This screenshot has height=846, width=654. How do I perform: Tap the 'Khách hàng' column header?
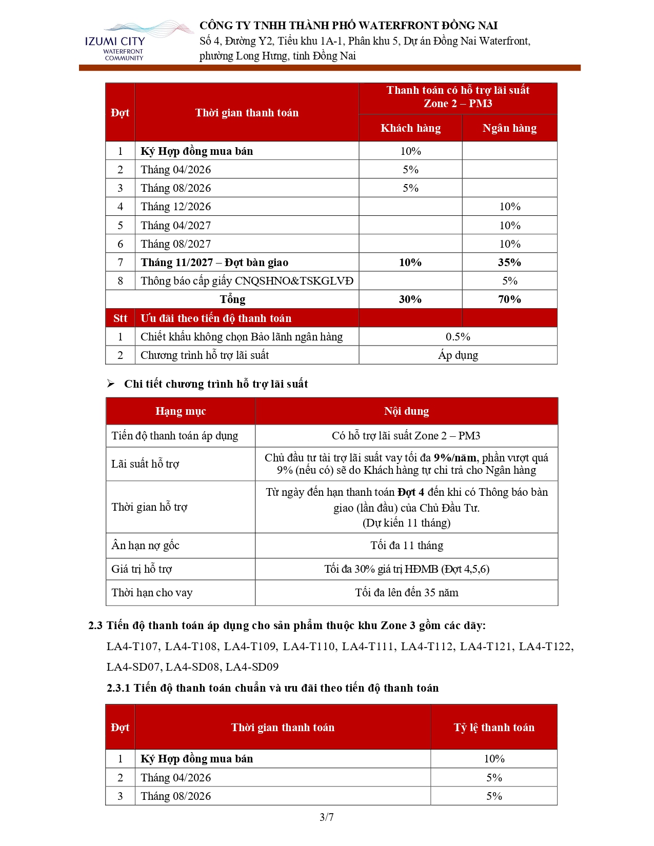click(x=410, y=128)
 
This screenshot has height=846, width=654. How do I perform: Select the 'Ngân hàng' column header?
click(x=509, y=128)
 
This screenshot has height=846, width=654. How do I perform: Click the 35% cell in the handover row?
click(x=509, y=263)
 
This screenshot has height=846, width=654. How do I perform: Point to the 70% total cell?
click(x=509, y=299)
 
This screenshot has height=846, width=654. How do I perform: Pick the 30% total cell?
click(x=410, y=299)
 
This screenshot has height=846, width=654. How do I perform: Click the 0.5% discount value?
click(x=458, y=337)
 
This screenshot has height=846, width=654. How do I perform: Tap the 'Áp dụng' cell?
click(x=458, y=355)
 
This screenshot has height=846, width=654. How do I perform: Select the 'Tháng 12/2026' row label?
click(x=176, y=207)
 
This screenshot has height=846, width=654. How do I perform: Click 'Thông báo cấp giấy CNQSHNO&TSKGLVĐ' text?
click(x=247, y=281)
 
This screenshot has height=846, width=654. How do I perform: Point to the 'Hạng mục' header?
click(x=181, y=411)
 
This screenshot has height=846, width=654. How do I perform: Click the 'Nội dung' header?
click(x=406, y=411)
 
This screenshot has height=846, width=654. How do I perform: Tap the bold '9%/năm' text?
click(x=455, y=458)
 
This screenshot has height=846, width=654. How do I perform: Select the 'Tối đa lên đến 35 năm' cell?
click(x=406, y=593)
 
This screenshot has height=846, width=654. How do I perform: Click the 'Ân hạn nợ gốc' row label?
click(x=145, y=546)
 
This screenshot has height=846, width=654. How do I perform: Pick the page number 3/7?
click(x=327, y=817)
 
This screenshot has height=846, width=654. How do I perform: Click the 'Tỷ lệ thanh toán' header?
click(x=494, y=728)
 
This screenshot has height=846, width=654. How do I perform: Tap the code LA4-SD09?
click(x=252, y=667)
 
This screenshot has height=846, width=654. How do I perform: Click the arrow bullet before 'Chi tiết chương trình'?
click(x=110, y=384)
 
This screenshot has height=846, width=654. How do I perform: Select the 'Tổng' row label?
click(x=232, y=299)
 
